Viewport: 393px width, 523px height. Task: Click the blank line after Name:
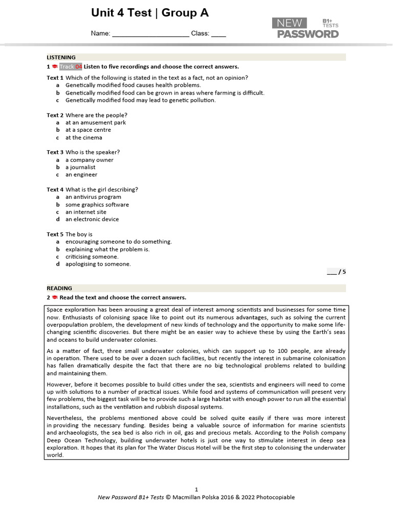(x=150, y=34)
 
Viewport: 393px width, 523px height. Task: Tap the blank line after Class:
(x=219, y=34)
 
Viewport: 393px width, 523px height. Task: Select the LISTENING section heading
(x=61, y=57)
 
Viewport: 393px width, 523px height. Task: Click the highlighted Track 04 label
(x=71, y=66)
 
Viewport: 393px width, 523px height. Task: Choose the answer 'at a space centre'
(x=88, y=130)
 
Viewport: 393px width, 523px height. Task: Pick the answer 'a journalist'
(x=80, y=167)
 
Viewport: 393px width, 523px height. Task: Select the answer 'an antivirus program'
(x=93, y=197)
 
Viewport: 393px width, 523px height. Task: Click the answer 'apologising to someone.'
(x=98, y=264)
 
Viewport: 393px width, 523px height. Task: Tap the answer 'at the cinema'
(x=84, y=137)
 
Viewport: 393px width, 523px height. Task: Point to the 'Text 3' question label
(x=55, y=152)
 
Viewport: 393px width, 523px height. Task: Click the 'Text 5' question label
(x=55, y=234)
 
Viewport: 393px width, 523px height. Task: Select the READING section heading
(x=59, y=288)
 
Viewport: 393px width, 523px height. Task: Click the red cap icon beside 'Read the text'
(x=54, y=297)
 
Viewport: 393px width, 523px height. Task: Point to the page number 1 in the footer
(x=196, y=489)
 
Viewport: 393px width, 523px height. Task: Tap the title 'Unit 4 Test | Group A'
(x=150, y=13)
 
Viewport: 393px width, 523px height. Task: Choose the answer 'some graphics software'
(x=97, y=204)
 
